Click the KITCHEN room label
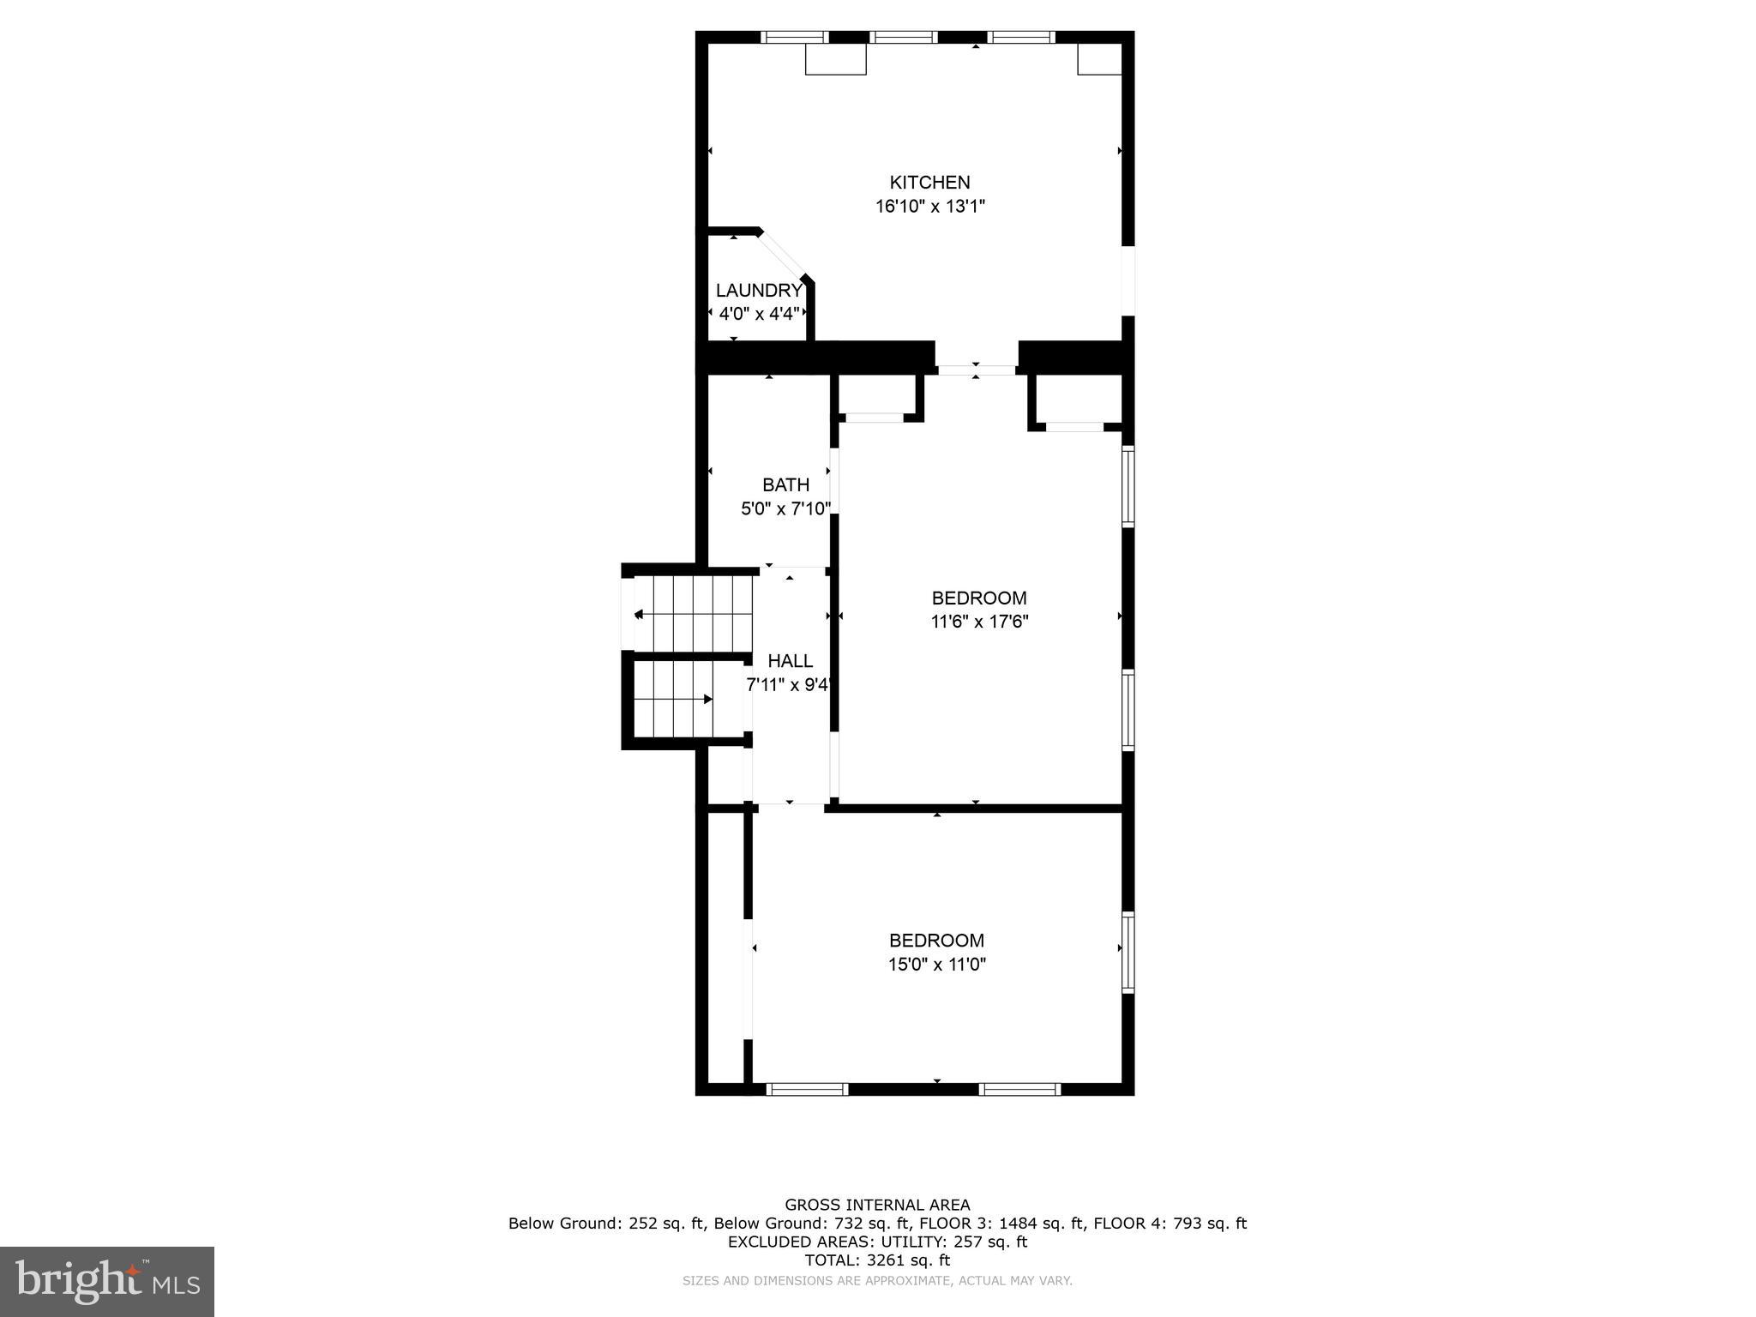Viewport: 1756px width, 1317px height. [x=929, y=182]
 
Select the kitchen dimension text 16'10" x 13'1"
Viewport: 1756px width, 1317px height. [x=929, y=207]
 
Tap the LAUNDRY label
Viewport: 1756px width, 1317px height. [x=758, y=290]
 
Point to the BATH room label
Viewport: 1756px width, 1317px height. [x=785, y=484]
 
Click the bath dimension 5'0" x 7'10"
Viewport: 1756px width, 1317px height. [x=785, y=508]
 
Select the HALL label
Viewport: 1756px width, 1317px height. [x=790, y=661]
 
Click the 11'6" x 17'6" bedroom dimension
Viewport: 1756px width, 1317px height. [x=979, y=622]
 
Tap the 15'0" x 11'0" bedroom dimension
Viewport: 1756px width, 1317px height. [x=936, y=965]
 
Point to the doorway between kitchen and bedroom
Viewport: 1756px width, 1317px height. [x=976, y=370]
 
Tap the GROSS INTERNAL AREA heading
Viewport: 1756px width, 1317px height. [x=877, y=1205]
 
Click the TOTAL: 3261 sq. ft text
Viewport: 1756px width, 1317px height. [x=877, y=1260]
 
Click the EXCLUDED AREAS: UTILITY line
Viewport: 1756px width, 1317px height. [x=877, y=1242]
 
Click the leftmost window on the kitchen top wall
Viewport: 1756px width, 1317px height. [x=795, y=37]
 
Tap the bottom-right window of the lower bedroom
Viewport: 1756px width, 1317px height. [x=1019, y=1089]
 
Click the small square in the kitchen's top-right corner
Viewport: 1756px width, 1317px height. [x=1099, y=59]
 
